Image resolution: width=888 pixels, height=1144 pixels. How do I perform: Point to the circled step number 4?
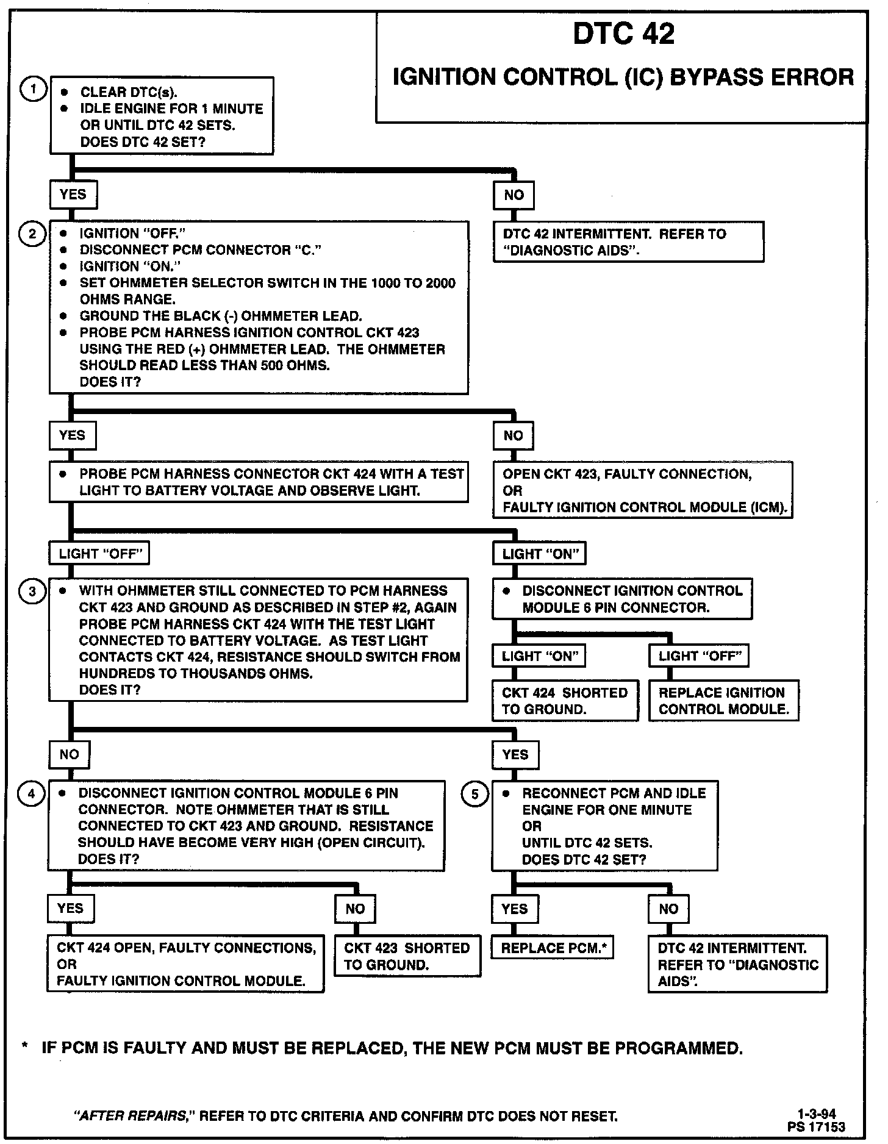point(32,793)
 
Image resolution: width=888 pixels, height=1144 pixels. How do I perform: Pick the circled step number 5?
point(476,794)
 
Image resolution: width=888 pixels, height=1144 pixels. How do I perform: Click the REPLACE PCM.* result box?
point(553,948)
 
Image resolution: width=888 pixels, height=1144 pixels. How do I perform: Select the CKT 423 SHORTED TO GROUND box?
point(407,956)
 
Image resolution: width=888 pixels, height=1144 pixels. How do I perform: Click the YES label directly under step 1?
point(73,195)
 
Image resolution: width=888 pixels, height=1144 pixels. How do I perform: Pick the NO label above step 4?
point(69,754)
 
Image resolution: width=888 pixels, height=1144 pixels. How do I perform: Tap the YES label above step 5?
point(515,754)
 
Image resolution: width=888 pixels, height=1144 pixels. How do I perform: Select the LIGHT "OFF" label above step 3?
point(99,554)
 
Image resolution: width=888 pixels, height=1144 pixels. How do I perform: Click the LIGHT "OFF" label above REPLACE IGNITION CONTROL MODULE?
point(699,656)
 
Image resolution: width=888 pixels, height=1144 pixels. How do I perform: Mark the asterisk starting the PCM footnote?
point(24,1048)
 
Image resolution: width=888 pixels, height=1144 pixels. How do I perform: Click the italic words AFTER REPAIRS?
point(130,1116)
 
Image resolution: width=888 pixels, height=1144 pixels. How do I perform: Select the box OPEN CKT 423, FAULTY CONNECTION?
point(643,490)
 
